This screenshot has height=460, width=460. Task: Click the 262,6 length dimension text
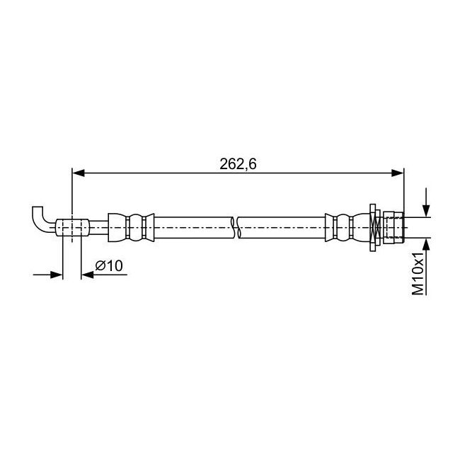coord(238,164)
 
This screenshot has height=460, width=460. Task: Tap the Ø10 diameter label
coord(109,266)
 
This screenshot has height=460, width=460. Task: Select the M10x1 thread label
coord(418,273)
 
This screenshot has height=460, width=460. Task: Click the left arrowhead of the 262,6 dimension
coord(79,173)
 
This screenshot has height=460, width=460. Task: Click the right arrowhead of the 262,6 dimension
coord(398,173)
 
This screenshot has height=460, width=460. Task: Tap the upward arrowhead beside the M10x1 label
coord(426,244)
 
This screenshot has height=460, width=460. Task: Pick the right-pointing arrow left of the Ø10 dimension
coord(48,275)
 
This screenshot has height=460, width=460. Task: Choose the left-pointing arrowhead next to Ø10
coord(87,275)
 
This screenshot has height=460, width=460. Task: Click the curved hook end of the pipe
coord(40,220)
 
